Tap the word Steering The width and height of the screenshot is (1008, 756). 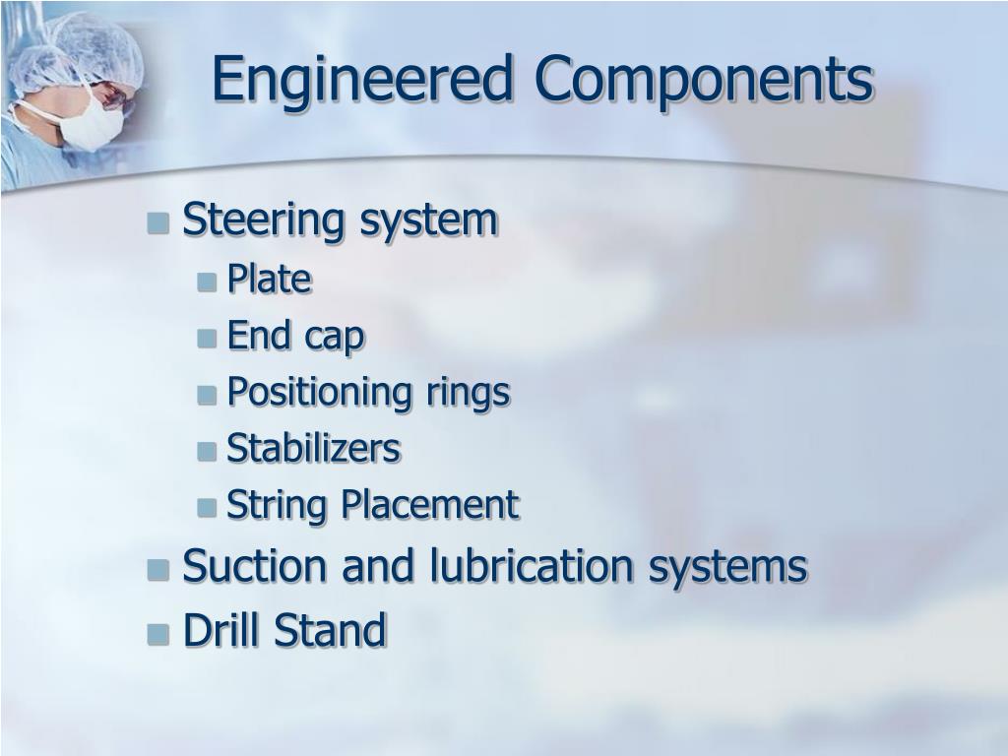pos(266,220)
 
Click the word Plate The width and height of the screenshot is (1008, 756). pos(269,281)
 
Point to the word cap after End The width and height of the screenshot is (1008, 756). pos(335,338)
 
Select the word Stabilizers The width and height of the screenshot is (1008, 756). pos(313,450)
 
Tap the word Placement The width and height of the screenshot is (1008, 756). pos(429,506)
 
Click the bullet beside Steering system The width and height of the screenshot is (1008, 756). pos(158,224)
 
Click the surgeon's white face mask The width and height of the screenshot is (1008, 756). pos(94,125)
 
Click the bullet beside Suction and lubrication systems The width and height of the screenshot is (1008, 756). pos(158,570)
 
